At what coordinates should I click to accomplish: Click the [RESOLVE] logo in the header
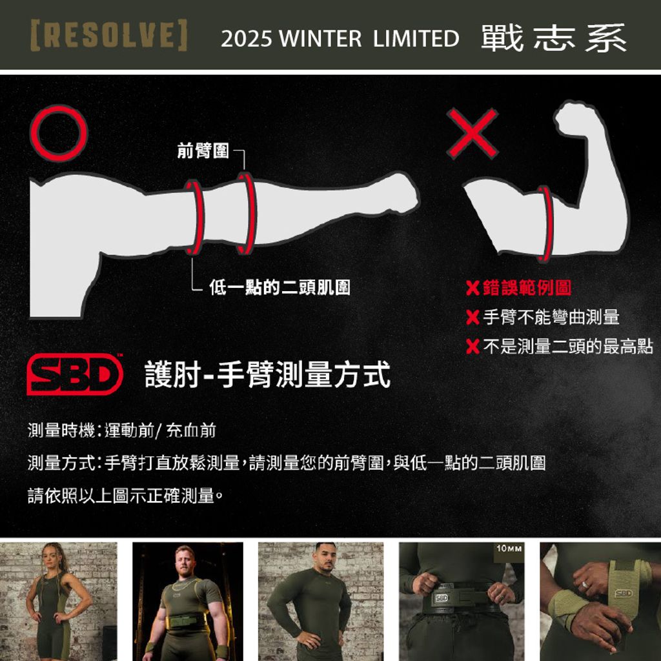pyautogui.click(x=109, y=35)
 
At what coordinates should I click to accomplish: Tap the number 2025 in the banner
pyautogui.click(x=246, y=39)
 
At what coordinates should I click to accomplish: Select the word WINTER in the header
pyautogui.click(x=320, y=39)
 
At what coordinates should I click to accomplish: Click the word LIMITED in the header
pyautogui.click(x=416, y=39)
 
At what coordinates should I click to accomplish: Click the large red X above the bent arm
pyautogui.click(x=472, y=133)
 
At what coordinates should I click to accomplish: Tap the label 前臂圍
pyautogui.click(x=203, y=150)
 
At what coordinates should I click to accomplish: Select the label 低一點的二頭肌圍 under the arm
pyautogui.click(x=280, y=287)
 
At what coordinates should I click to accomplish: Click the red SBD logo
pyautogui.click(x=75, y=375)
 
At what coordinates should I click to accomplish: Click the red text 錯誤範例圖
pyautogui.click(x=527, y=288)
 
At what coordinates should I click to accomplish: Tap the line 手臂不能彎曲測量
pyautogui.click(x=551, y=317)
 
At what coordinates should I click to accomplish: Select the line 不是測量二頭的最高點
pyautogui.click(x=568, y=346)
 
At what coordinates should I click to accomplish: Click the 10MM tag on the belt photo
pyautogui.click(x=509, y=549)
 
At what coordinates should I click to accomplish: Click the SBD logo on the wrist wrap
pyautogui.click(x=624, y=593)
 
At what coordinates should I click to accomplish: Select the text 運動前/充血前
pyautogui.click(x=160, y=431)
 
